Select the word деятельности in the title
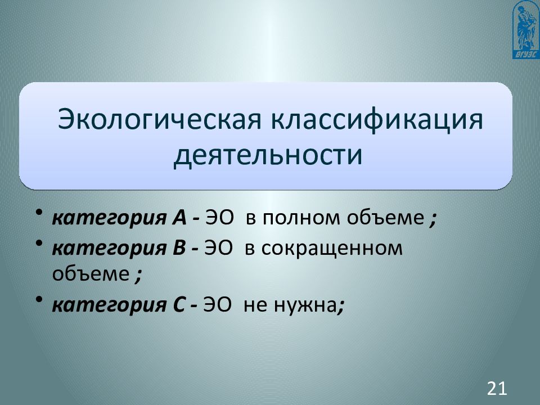point(267,155)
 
